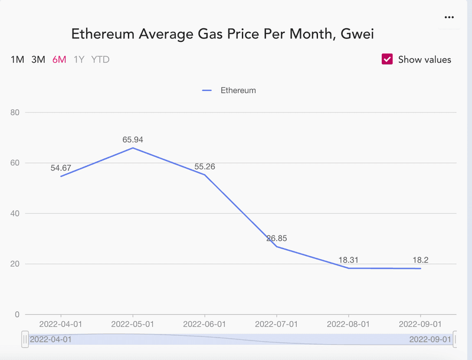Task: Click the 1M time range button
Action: point(17,60)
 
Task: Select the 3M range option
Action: point(38,60)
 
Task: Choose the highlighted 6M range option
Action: point(59,60)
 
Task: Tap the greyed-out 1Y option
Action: point(79,60)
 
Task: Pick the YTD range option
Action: point(100,60)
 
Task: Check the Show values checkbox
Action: point(388,59)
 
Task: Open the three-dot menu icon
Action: point(449,18)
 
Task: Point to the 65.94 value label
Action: point(133,140)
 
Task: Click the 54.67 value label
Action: point(61,168)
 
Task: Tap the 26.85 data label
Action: point(277,238)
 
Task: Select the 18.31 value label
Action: point(349,260)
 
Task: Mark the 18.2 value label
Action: point(421,260)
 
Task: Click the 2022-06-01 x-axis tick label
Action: point(205,325)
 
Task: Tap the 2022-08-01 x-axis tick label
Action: point(349,325)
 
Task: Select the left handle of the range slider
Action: point(25,339)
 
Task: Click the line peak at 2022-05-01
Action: point(133,148)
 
